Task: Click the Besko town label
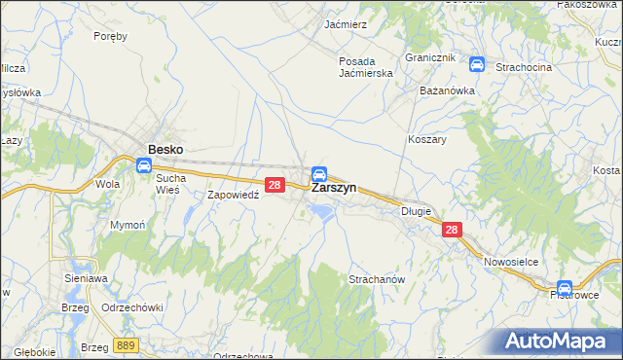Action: click(x=165, y=150)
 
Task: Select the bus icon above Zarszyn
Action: click(x=318, y=173)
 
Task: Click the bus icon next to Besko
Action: click(x=143, y=165)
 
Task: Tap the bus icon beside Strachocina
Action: click(x=477, y=65)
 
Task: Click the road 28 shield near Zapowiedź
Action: click(x=275, y=184)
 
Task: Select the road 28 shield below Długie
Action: click(x=451, y=230)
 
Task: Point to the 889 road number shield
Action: click(x=124, y=345)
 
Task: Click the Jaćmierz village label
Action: click(x=346, y=24)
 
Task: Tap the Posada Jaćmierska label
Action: click(x=365, y=67)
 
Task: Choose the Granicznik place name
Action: click(x=430, y=58)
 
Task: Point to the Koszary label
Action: click(x=426, y=139)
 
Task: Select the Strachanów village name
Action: click(x=376, y=279)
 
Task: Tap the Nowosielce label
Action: click(x=511, y=262)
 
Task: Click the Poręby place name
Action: click(x=110, y=36)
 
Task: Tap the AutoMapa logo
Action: click(x=559, y=341)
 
